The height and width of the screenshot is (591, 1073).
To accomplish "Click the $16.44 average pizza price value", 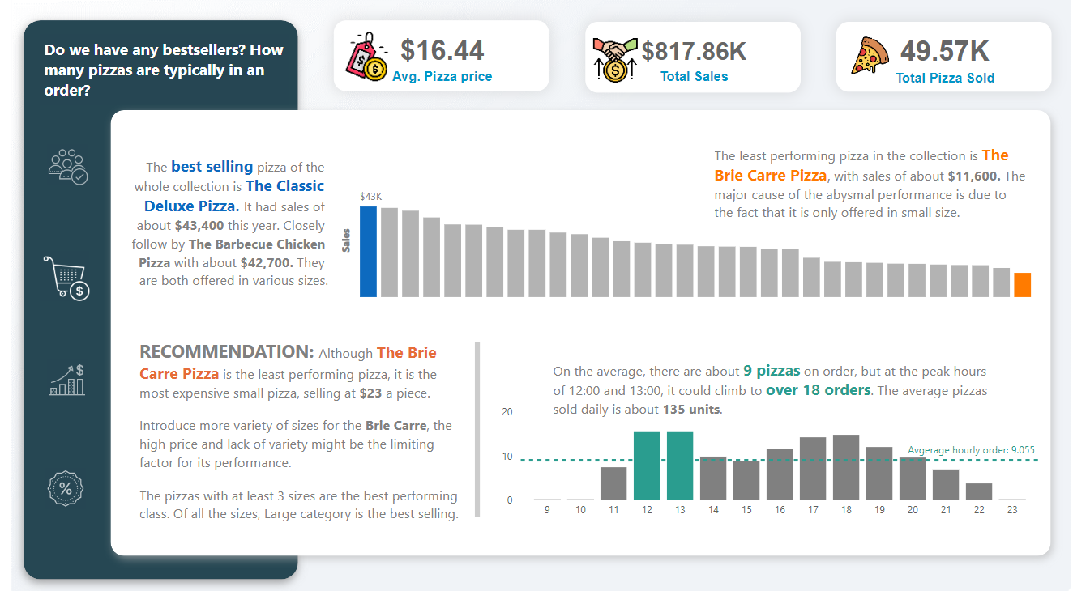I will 442,50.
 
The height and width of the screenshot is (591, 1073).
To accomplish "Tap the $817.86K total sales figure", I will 694,51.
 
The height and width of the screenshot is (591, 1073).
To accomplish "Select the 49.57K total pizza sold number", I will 945,51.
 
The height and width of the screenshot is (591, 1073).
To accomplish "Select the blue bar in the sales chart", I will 368,252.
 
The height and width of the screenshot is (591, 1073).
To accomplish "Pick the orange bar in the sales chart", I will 1022,285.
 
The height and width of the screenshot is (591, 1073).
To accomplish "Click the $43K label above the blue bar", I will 370,196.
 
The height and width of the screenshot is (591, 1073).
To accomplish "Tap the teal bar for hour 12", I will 647,466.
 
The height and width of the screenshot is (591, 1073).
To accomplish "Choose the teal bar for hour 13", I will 680,466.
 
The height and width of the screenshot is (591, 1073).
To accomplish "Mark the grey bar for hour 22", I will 979,491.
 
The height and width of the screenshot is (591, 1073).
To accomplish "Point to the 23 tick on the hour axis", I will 1012,510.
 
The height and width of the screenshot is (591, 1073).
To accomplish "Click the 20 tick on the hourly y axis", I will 507,412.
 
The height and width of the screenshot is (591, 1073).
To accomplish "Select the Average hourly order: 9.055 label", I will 971,450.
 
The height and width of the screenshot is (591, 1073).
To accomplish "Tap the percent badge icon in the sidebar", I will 66,488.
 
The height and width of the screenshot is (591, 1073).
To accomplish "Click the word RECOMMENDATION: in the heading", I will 226,352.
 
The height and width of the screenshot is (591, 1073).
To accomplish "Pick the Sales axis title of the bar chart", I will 347,240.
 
